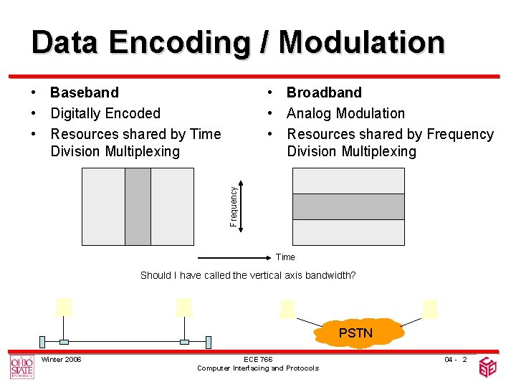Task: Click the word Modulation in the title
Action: (362, 42)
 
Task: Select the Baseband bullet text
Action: (85, 92)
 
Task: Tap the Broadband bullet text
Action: (324, 92)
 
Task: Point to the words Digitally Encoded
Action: (105, 113)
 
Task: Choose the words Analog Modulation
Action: (345, 113)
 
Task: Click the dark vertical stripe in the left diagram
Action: (138, 206)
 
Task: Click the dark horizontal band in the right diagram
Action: (348, 206)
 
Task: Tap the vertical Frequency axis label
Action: (234, 206)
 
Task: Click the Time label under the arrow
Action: (285, 257)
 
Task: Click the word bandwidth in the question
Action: (330, 275)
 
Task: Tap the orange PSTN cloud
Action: (355, 333)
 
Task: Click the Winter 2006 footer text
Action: (62, 359)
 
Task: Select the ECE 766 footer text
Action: (258, 359)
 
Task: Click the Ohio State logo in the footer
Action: (21, 367)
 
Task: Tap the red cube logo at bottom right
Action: (488, 366)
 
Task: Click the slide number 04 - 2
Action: (456, 359)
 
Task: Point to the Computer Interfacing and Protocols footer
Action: (258, 368)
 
